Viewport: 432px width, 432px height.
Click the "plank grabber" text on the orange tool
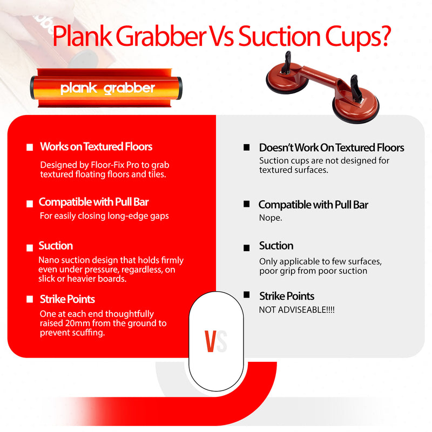pyautogui.click(x=107, y=88)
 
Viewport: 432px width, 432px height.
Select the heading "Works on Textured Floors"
pyautogui.click(x=96, y=146)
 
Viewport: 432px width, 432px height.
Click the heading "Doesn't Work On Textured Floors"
pyautogui.click(x=332, y=147)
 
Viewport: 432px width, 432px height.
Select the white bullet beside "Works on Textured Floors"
pyautogui.click(x=30, y=147)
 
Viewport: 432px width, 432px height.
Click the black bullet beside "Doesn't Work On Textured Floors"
pyautogui.click(x=247, y=147)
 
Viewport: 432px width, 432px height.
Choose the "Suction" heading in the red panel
pyautogui.click(x=56, y=246)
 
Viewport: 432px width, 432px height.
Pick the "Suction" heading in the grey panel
pyautogui.click(x=276, y=246)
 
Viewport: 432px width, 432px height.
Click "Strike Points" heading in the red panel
pyautogui.click(x=67, y=299)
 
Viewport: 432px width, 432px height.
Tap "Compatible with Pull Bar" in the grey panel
pyautogui.click(x=313, y=205)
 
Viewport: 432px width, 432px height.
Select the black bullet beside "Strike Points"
pyautogui.click(x=247, y=295)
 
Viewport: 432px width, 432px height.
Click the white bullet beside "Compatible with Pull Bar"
pyautogui.click(x=30, y=204)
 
